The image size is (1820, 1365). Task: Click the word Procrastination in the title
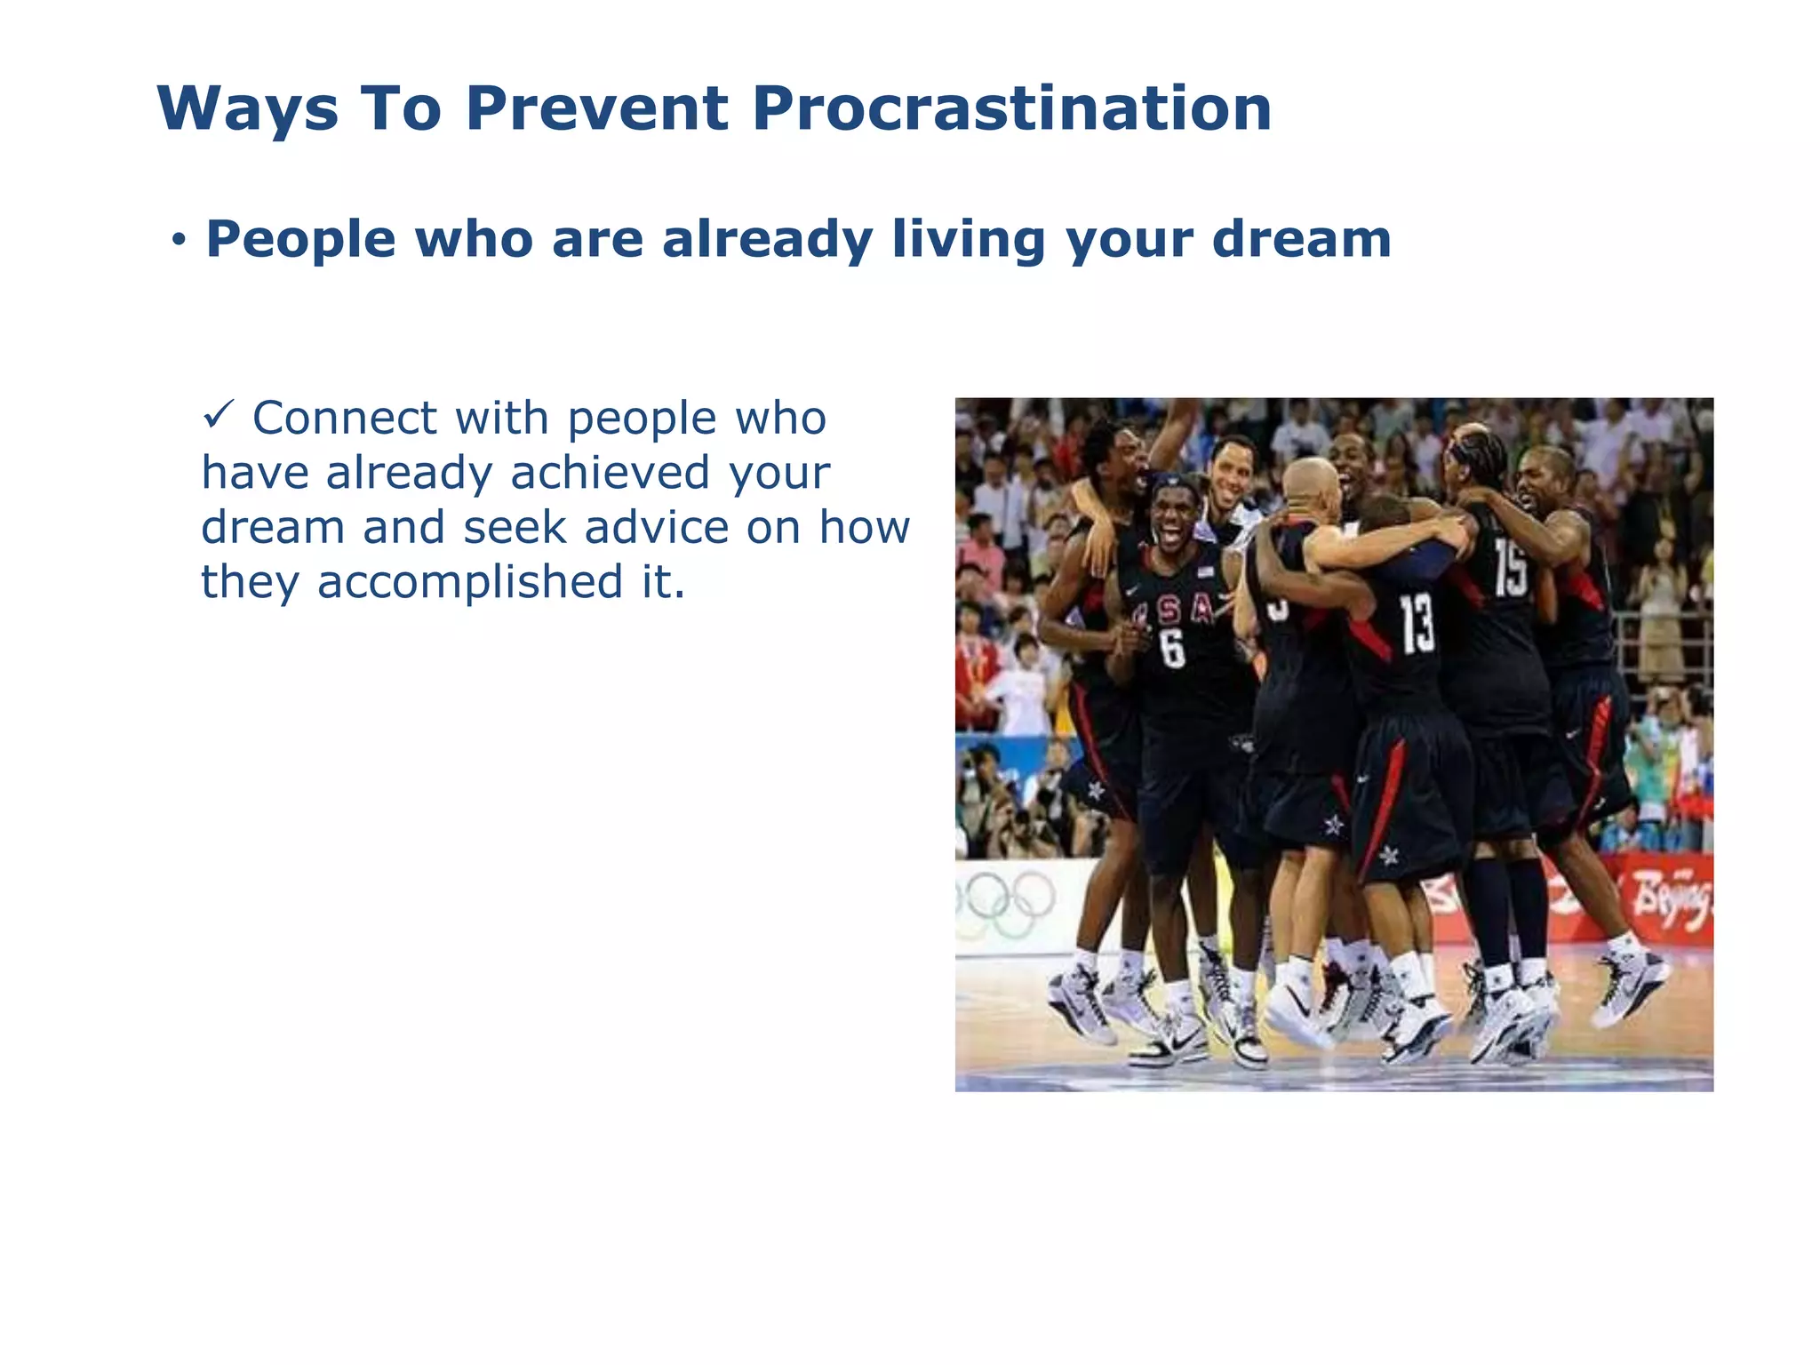(1011, 108)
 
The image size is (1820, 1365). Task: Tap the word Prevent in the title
(596, 108)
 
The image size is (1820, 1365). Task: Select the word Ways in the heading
(247, 110)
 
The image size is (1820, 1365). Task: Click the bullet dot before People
(180, 240)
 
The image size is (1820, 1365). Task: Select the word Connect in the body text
(345, 419)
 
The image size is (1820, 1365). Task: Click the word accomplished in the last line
(469, 583)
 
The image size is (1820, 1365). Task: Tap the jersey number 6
(1173, 648)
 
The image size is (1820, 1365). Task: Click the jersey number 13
(1417, 623)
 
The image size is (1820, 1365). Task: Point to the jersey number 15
(1510, 569)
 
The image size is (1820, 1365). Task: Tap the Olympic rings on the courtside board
(1004, 899)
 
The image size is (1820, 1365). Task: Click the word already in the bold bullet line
(767, 240)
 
